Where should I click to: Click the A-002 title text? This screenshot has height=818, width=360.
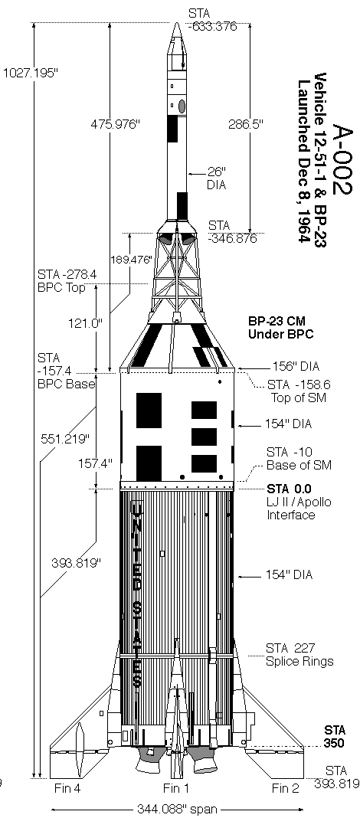tap(342, 159)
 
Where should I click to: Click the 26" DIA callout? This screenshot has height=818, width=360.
tap(216, 178)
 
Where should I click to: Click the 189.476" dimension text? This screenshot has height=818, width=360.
tap(133, 260)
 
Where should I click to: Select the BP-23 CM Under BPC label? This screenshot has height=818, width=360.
tap(280, 328)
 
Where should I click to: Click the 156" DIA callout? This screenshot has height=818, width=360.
tap(296, 367)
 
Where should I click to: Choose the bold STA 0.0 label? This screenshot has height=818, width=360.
tap(289, 489)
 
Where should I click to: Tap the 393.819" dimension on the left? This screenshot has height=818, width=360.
tap(76, 563)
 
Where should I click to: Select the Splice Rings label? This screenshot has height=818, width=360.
tap(299, 662)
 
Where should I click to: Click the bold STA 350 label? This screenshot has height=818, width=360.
tap(335, 736)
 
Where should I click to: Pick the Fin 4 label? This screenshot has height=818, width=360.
tap(67, 787)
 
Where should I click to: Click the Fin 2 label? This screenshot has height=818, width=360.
tap(286, 787)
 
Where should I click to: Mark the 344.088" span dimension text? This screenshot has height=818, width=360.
tap(177, 809)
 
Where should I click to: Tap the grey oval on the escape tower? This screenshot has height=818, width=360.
tap(182, 106)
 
